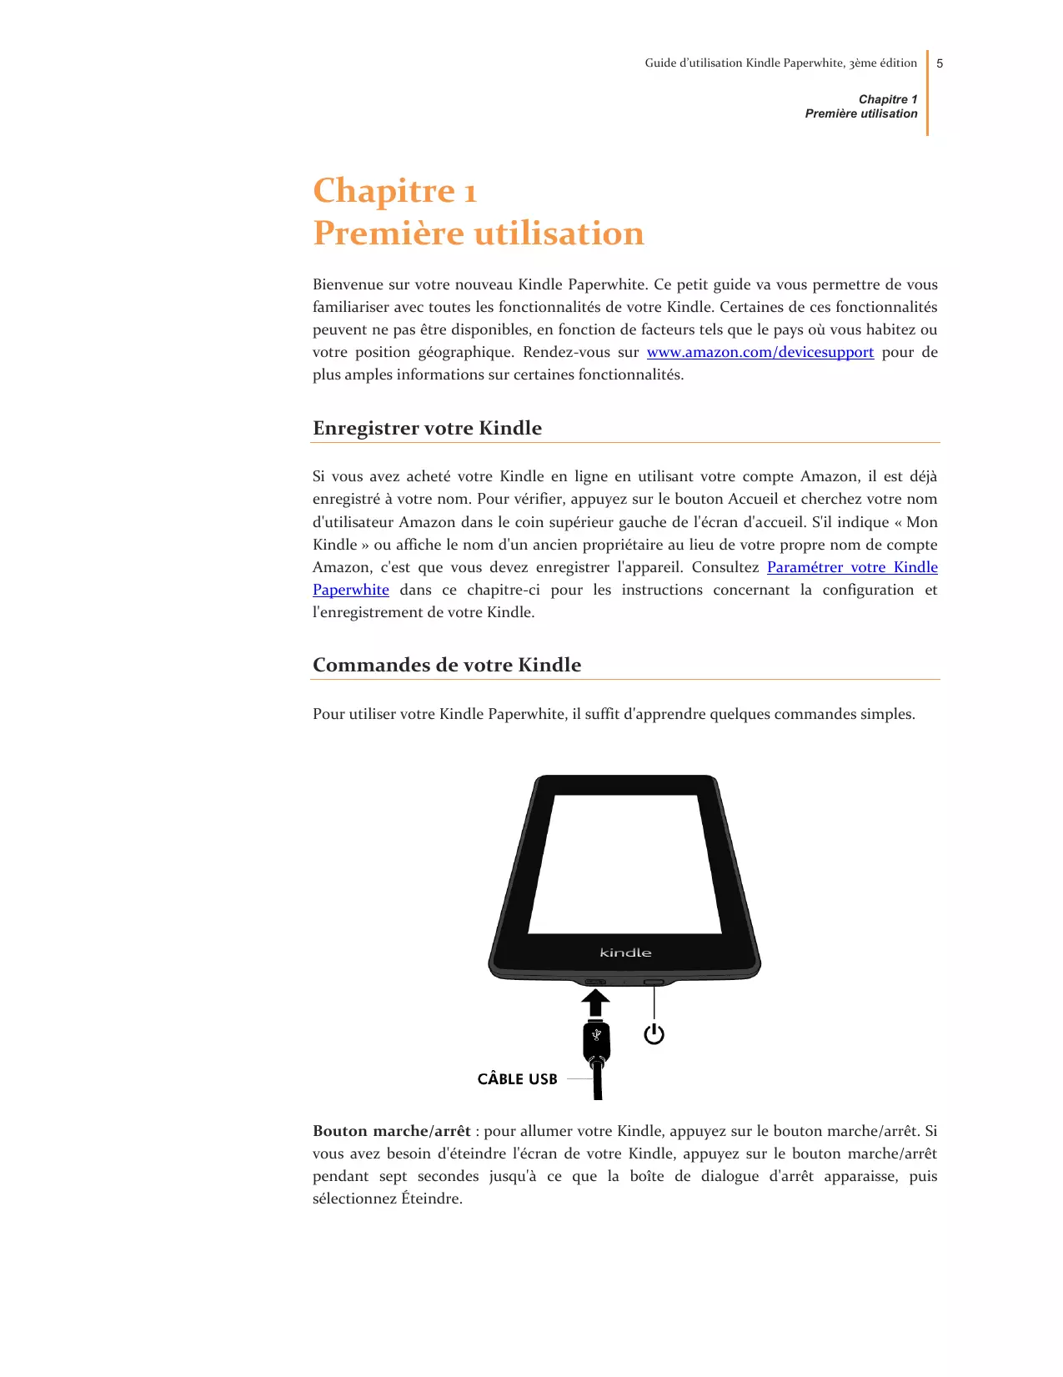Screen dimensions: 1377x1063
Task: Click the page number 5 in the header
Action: (x=940, y=63)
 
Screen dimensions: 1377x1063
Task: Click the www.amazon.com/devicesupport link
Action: (x=760, y=352)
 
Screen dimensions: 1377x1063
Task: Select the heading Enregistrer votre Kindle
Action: (x=427, y=428)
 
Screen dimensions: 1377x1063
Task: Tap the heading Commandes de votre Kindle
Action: (x=447, y=665)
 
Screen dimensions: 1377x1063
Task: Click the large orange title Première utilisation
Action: (x=479, y=234)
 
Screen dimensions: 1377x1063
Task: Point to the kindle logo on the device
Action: (x=625, y=952)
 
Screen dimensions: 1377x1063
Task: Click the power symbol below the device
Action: (x=654, y=1034)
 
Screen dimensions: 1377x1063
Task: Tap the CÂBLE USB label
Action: (x=517, y=1079)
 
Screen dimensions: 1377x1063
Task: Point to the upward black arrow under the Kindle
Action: (x=595, y=1003)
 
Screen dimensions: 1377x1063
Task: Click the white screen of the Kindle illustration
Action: (x=625, y=863)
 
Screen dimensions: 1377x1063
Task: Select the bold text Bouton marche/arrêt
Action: (x=392, y=1131)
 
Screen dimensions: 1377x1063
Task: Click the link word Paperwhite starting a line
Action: (x=351, y=590)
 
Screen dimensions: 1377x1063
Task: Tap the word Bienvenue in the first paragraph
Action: (x=348, y=284)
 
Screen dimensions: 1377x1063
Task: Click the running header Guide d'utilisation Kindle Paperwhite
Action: (x=780, y=63)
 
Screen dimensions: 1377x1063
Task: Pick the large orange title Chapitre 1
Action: (x=394, y=191)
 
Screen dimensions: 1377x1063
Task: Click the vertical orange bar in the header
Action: (x=927, y=92)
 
